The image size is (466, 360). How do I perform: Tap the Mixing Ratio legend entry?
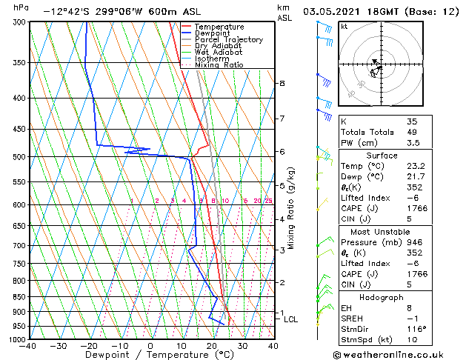click(x=219, y=64)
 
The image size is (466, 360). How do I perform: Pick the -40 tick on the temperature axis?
click(x=28, y=346)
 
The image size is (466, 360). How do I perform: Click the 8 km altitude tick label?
click(x=282, y=84)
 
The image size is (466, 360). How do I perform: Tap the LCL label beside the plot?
click(x=290, y=319)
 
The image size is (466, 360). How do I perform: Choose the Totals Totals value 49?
click(x=412, y=132)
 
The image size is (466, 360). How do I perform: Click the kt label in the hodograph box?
click(x=344, y=26)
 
